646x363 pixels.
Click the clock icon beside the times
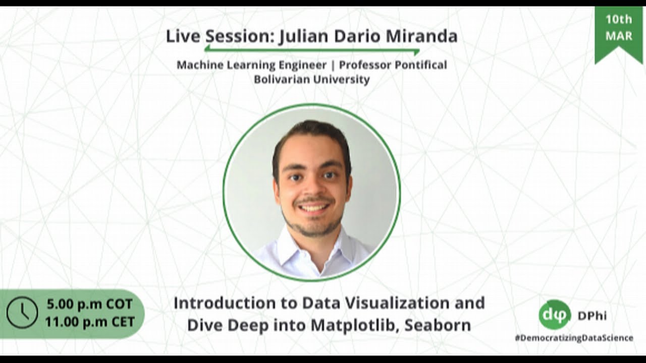tap(22, 313)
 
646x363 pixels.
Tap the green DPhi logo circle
tap(554, 315)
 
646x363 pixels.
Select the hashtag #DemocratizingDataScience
tap(574, 338)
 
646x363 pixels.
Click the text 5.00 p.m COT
tap(89, 304)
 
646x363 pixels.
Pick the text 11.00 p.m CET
tap(89, 321)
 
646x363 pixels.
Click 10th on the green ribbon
tap(619, 20)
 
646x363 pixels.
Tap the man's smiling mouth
tap(313, 207)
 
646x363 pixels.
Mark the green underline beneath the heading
tap(312, 50)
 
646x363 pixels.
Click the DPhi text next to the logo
tap(592, 316)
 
